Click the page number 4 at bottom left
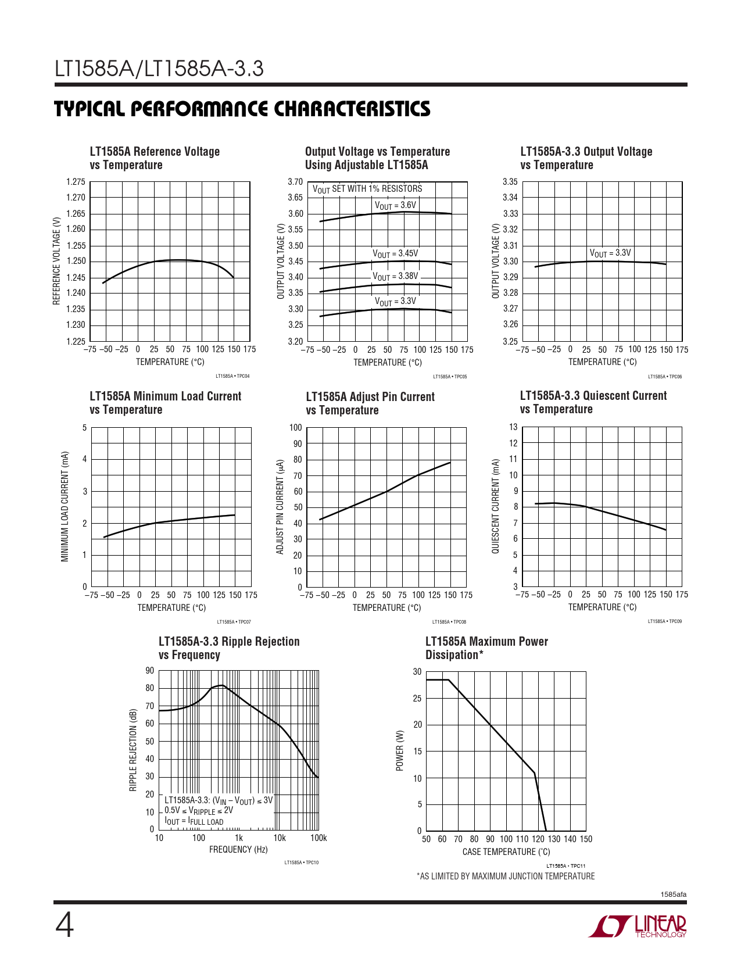pos(65,926)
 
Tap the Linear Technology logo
pos(638,926)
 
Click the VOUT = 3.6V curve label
pos(395,205)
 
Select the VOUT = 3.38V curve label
pos(395,276)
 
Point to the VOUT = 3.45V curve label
pos(395,253)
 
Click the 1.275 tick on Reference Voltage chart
pos(76,182)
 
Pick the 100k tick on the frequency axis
pos(318,838)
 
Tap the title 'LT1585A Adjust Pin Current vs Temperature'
pos(370,403)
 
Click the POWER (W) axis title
pos(399,751)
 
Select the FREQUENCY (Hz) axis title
pos(238,850)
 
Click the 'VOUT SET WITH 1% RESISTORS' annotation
pos(367,189)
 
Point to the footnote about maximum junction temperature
pos(506,876)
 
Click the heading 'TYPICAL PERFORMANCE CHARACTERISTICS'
pos(242,109)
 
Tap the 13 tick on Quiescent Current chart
pos(513,427)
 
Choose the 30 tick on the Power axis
pos(417,672)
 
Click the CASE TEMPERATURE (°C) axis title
pos(506,852)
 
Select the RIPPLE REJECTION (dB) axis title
pos(133,750)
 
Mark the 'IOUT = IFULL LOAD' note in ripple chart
pos(194,822)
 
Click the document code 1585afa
pos(673,894)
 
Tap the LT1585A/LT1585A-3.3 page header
pos(159,69)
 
